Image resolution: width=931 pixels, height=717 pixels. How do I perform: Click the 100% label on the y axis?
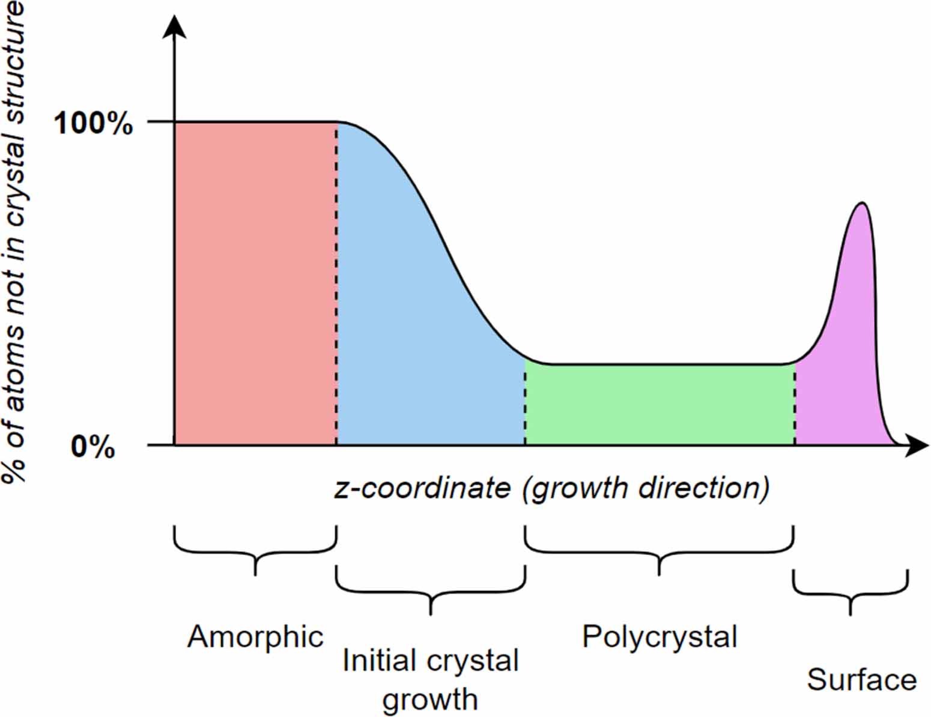(93, 124)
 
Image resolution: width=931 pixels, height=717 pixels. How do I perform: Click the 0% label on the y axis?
(93, 447)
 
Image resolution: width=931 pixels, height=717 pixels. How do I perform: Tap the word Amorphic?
(255, 637)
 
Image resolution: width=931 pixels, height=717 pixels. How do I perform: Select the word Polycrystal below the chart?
(660, 637)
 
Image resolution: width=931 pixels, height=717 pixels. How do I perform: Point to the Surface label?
(861, 680)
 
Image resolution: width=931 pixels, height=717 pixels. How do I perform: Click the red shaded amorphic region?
(255, 282)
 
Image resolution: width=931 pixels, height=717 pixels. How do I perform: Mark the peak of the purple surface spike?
(862, 203)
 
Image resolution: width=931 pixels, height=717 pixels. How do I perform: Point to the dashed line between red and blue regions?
(336, 282)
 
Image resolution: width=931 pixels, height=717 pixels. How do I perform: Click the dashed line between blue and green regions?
(526, 402)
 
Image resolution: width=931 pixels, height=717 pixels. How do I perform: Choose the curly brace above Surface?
(850, 591)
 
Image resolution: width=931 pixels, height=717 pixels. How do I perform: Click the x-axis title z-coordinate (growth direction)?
(551, 488)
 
